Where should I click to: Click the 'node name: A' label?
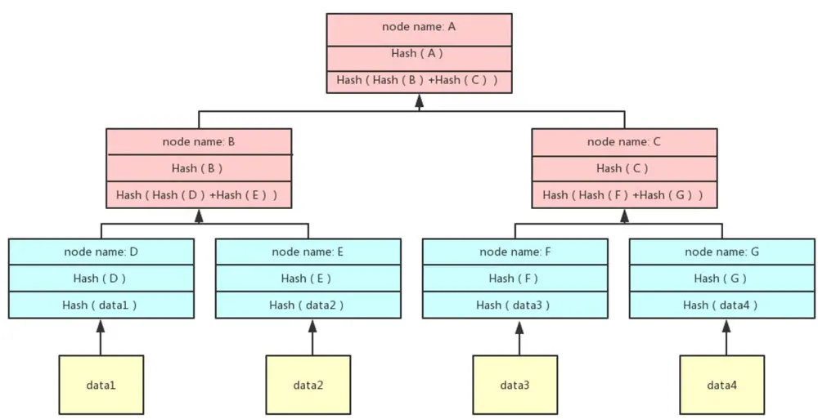tap(419, 27)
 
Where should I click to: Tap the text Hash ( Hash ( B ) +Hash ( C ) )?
tap(417, 80)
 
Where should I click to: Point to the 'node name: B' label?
tap(199, 142)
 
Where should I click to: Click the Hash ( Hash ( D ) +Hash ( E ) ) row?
tap(199, 195)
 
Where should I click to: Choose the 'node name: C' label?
tap(624, 142)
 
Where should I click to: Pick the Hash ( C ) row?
tap(624, 168)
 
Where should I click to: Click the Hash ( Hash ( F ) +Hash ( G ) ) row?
tap(624, 195)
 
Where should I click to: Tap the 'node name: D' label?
tap(101, 252)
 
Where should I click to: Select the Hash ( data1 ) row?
tap(101, 305)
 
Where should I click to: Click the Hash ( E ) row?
tap(308, 279)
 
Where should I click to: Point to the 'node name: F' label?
tap(515, 252)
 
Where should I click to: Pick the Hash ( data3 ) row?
tap(515, 305)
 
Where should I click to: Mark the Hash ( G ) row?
tap(722, 279)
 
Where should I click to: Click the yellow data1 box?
tap(101, 385)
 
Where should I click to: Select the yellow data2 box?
tap(308, 385)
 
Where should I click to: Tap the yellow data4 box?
tap(722, 385)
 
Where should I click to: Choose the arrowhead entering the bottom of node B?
tap(199, 216)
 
